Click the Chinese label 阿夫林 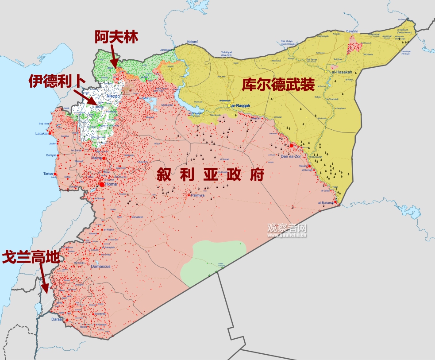click(x=116, y=37)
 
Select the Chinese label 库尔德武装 click(x=278, y=84)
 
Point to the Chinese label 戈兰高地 click(x=31, y=258)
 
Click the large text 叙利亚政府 click(x=210, y=174)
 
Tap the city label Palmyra click(x=197, y=195)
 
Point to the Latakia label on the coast click(x=42, y=133)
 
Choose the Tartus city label click(x=49, y=174)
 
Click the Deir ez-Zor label click(x=291, y=156)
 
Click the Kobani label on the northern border click(x=192, y=42)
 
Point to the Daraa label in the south click(x=57, y=319)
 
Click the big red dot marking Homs click(x=102, y=184)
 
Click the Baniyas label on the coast click(x=51, y=155)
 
